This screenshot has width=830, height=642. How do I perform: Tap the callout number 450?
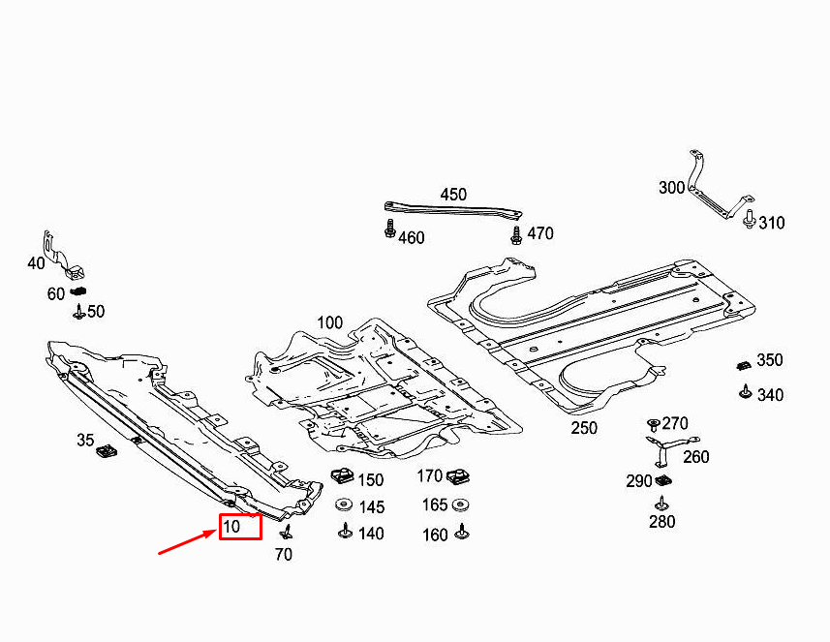click(453, 194)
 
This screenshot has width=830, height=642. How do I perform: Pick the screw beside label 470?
click(515, 233)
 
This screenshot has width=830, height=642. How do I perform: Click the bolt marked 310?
click(749, 219)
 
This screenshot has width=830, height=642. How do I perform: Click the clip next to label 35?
click(107, 448)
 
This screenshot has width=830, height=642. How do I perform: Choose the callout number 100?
click(329, 321)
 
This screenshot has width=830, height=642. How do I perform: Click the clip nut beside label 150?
click(342, 476)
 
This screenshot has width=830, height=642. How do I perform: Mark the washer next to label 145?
click(343, 505)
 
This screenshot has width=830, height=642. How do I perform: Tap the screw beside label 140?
click(344, 532)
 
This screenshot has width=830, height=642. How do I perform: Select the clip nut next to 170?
click(459, 476)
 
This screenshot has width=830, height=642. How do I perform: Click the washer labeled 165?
click(462, 504)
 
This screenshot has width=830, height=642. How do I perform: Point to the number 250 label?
click(584, 427)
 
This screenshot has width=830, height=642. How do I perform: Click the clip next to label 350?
click(743, 365)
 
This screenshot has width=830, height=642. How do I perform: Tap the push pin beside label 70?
click(286, 532)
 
